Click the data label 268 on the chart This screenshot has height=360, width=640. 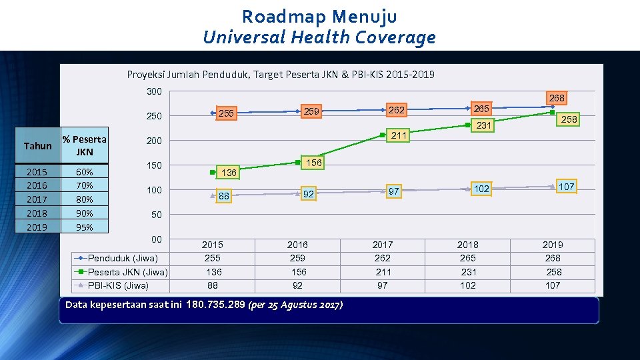click(557, 98)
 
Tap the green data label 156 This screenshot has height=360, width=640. click(313, 163)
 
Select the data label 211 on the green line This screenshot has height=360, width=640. click(399, 136)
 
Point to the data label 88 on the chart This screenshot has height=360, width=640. click(224, 197)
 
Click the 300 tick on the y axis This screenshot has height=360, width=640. click(154, 91)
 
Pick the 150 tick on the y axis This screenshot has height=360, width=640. click(154, 165)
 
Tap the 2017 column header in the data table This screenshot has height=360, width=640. click(383, 245)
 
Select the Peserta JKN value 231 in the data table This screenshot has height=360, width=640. click(468, 272)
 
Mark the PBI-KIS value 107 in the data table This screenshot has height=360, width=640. click(553, 285)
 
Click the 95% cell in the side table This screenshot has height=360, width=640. click(85, 227)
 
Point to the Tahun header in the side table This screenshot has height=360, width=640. click(37, 146)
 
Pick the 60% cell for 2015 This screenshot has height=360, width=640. click(85, 172)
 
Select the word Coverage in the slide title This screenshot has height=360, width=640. click(396, 37)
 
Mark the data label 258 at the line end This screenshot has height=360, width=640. click(569, 119)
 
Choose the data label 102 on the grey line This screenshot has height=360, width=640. click(481, 189)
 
